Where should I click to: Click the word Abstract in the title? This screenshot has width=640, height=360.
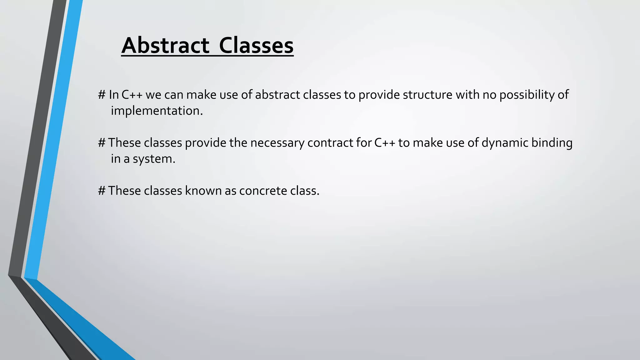click(x=165, y=46)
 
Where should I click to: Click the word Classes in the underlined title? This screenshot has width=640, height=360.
click(x=256, y=46)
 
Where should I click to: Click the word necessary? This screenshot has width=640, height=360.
click(x=277, y=143)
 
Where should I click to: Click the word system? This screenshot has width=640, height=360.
click(x=153, y=159)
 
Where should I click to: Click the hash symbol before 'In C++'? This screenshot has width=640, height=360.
click(x=102, y=95)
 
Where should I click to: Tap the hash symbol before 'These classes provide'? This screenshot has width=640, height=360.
click(x=102, y=143)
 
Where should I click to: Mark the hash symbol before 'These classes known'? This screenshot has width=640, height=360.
click(x=102, y=191)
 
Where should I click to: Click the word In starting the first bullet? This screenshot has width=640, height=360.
click(x=114, y=95)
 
